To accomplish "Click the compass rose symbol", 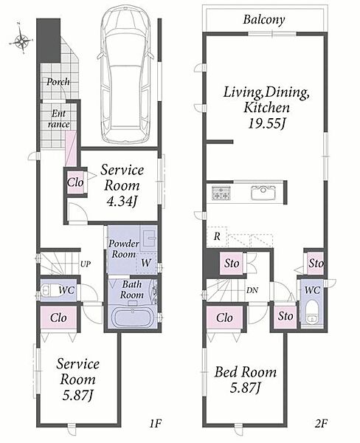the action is pos(21,41).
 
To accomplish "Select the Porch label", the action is pos(58,82).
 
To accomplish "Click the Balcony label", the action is pos(264,20).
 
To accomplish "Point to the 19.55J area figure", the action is pos(266,123).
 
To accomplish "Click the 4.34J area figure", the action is pos(122,201).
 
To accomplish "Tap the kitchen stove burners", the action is pos(221,193).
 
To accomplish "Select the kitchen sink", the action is pos(263,193).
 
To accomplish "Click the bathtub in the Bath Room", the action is pos(133,317).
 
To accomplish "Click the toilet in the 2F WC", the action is pos(312,313).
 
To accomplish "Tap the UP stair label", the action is pos(86,264).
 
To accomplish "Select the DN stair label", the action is pos(252,290).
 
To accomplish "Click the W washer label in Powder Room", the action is pos(146,263).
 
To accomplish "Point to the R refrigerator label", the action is pos(217,236).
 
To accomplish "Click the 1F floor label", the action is pos(155,423).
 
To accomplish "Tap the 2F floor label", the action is pos(321,423).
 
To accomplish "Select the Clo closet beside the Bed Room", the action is pos(224,317).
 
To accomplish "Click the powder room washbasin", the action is pos(148,238).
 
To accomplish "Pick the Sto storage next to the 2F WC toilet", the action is pos(285,316).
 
